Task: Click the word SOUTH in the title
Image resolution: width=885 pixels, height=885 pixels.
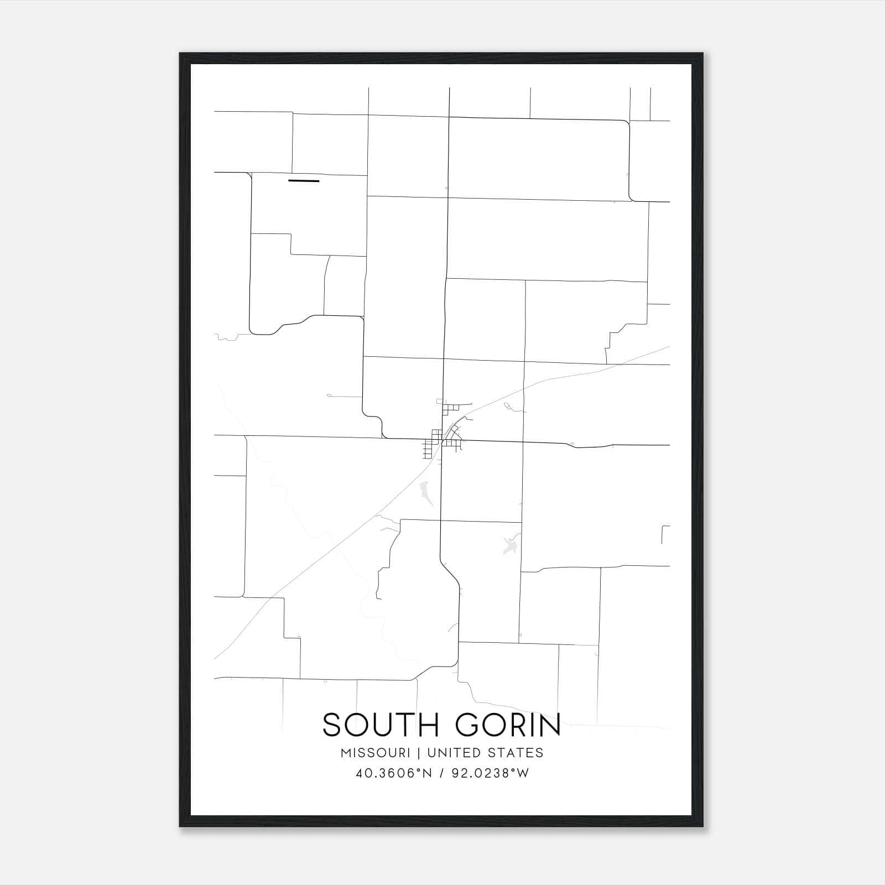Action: pos(378,725)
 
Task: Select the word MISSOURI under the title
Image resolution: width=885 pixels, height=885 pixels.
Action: pos(376,753)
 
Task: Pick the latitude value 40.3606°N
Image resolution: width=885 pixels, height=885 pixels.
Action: pos(393,773)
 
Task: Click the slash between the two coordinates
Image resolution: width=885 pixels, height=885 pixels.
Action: pos(442,773)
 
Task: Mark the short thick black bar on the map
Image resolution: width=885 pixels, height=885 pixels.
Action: pos(304,181)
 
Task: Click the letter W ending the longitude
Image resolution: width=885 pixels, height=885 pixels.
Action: pos(523,773)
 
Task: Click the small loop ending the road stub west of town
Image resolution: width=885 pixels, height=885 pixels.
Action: pos(329,395)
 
